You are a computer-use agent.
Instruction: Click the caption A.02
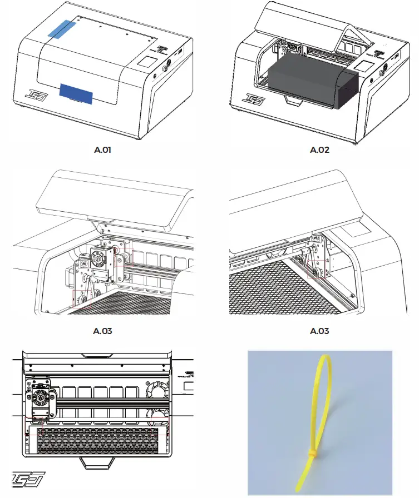(x=319, y=150)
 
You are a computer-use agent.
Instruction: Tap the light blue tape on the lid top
(x=62, y=29)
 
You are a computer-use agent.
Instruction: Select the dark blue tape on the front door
(x=76, y=93)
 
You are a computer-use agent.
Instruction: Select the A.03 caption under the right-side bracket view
(x=319, y=331)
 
